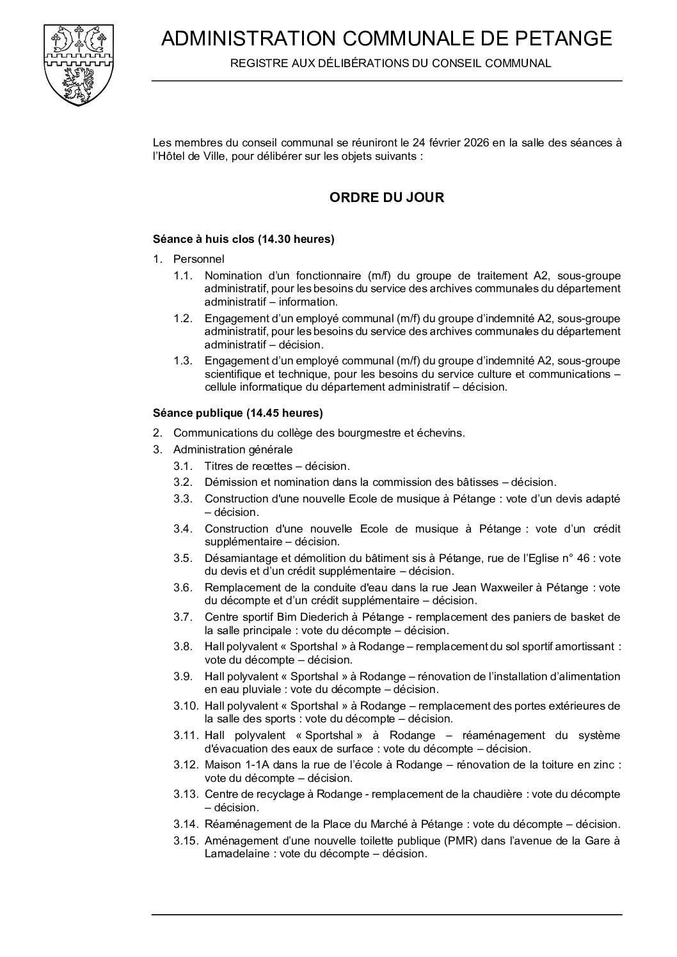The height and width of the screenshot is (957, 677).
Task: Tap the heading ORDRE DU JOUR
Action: (x=386, y=198)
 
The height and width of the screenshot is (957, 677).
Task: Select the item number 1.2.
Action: (x=182, y=318)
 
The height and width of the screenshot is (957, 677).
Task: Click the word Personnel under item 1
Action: (x=198, y=260)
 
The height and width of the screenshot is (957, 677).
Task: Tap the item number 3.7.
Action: (x=182, y=617)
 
